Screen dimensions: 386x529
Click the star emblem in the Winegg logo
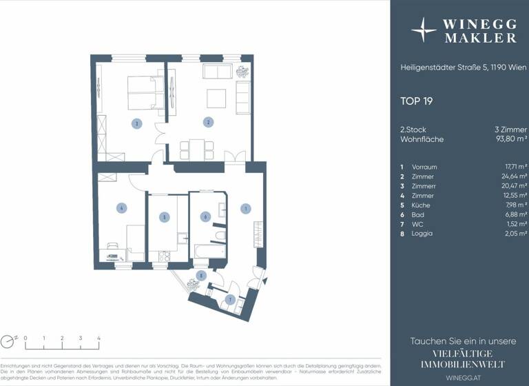coord(423,30)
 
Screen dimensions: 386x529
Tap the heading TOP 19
coord(416,101)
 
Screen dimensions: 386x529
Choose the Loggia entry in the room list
coord(422,234)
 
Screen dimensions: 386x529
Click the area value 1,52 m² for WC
coord(516,224)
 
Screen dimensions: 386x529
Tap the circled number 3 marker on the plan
coord(137,123)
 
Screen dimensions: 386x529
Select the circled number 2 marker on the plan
coord(207,123)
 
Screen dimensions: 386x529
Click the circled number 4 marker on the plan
coord(121,207)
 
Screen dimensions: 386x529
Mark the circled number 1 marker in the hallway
coord(244,207)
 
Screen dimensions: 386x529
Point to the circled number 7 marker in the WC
coord(231,299)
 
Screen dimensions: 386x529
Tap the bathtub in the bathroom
coord(209,250)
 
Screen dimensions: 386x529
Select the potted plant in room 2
coord(242,70)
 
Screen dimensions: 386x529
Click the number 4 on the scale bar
coord(98,338)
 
